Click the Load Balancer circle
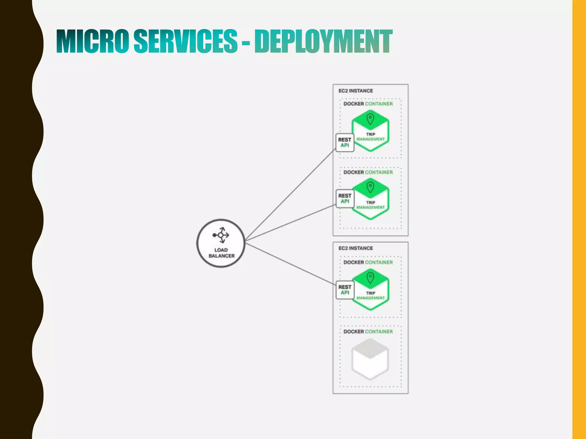[x=221, y=243]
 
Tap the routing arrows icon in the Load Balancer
[x=221, y=235]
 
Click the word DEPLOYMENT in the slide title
[x=323, y=42]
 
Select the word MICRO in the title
[x=92, y=42]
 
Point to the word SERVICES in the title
[x=185, y=42]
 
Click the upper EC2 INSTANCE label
[x=356, y=91]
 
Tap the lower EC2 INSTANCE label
[x=356, y=248]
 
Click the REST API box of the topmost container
[x=345, y=142]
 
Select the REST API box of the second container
[x=345, y=199]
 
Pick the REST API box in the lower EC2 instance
[x=345, y=290]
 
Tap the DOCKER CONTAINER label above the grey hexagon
[x=368, y=332]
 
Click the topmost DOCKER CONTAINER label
[x=368, y=104]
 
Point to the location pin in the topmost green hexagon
[x=370, y=119]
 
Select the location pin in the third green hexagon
[x=370, y=278]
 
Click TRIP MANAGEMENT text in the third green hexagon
[x=371, y=296]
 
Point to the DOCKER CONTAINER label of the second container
[x=368, y=172]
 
